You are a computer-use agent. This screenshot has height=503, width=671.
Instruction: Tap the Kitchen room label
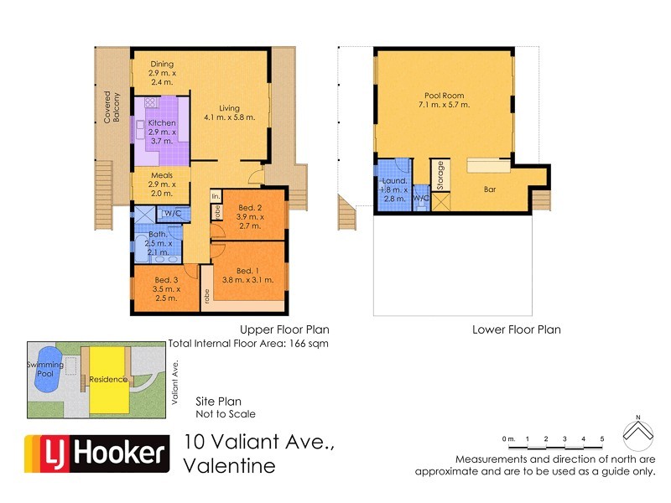point(162,123)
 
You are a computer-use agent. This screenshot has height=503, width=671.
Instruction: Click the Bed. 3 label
point(165,279)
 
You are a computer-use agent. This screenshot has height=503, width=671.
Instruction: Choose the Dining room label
point(162,65)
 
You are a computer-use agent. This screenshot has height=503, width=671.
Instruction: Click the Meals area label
point(162,175)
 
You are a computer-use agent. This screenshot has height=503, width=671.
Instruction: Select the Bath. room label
point(157,235)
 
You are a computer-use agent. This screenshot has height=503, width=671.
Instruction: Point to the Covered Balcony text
point(112,107)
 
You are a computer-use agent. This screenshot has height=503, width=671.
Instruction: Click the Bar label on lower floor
point(490,189)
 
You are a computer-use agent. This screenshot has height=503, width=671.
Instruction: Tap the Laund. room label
point(394,180)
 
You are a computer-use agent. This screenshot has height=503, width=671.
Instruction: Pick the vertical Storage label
point(440,175)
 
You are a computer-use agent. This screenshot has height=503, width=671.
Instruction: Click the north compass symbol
point(638,432)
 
